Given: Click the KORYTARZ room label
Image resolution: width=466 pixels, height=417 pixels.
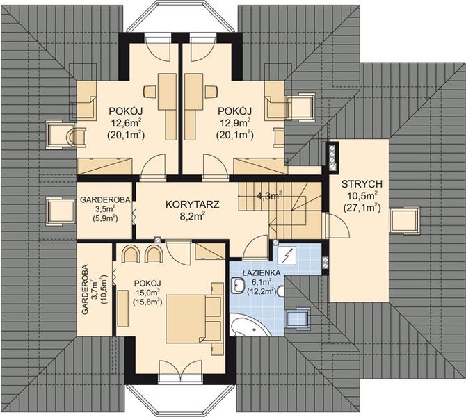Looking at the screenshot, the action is coord(192,204).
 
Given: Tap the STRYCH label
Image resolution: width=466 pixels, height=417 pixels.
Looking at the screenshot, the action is coord(362,184).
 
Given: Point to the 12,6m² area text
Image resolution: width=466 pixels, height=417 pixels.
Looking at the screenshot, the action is coord(126,122).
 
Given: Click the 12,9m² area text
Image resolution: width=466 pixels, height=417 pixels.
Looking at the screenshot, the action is coord(234,122).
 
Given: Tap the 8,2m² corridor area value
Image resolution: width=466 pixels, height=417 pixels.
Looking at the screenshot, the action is coord(193,216).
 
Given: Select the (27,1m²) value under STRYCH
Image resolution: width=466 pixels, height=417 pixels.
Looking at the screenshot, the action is coord(362,207).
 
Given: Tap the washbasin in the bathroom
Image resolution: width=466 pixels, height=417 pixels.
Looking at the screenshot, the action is coord(237,286).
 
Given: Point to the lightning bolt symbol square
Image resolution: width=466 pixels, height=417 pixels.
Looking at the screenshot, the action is coord(287,256).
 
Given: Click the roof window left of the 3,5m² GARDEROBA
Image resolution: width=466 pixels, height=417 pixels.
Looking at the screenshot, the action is coord(61,211).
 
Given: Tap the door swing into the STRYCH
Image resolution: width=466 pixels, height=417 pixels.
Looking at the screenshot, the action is coord(338,225).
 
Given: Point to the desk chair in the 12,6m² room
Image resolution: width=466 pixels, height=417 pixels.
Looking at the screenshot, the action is coord(150,92).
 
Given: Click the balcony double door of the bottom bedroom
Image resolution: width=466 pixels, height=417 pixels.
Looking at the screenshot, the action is coord(180,370).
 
